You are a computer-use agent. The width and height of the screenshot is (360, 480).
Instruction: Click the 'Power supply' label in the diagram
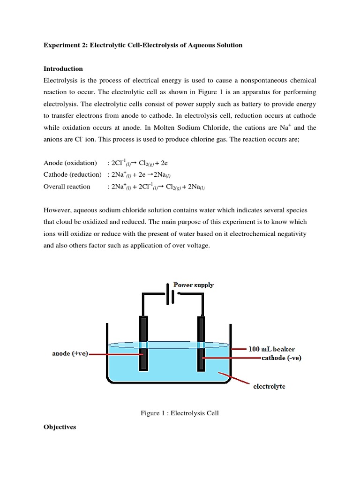[x=194, y=285]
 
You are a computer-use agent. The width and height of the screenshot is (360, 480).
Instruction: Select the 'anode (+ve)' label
[x=69, y=354]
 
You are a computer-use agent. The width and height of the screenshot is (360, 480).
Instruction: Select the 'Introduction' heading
[x=63, y=68]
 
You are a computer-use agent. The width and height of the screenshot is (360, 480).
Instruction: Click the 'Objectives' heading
[x=60, y=427]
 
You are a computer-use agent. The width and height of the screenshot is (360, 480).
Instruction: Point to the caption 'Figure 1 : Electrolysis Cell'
[x=180, y=413]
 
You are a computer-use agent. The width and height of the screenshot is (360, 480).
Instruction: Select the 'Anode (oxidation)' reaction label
[x=70, y=163]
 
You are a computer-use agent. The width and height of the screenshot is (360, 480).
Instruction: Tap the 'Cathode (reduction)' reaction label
[x=72, y=174]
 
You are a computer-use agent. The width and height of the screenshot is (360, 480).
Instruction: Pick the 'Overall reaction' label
[x=67, y=186]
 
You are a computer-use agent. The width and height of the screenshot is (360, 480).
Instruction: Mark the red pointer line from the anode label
[x=115, y=354]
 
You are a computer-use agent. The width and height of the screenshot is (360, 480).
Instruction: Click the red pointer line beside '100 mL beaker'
[x=239, y=349]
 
